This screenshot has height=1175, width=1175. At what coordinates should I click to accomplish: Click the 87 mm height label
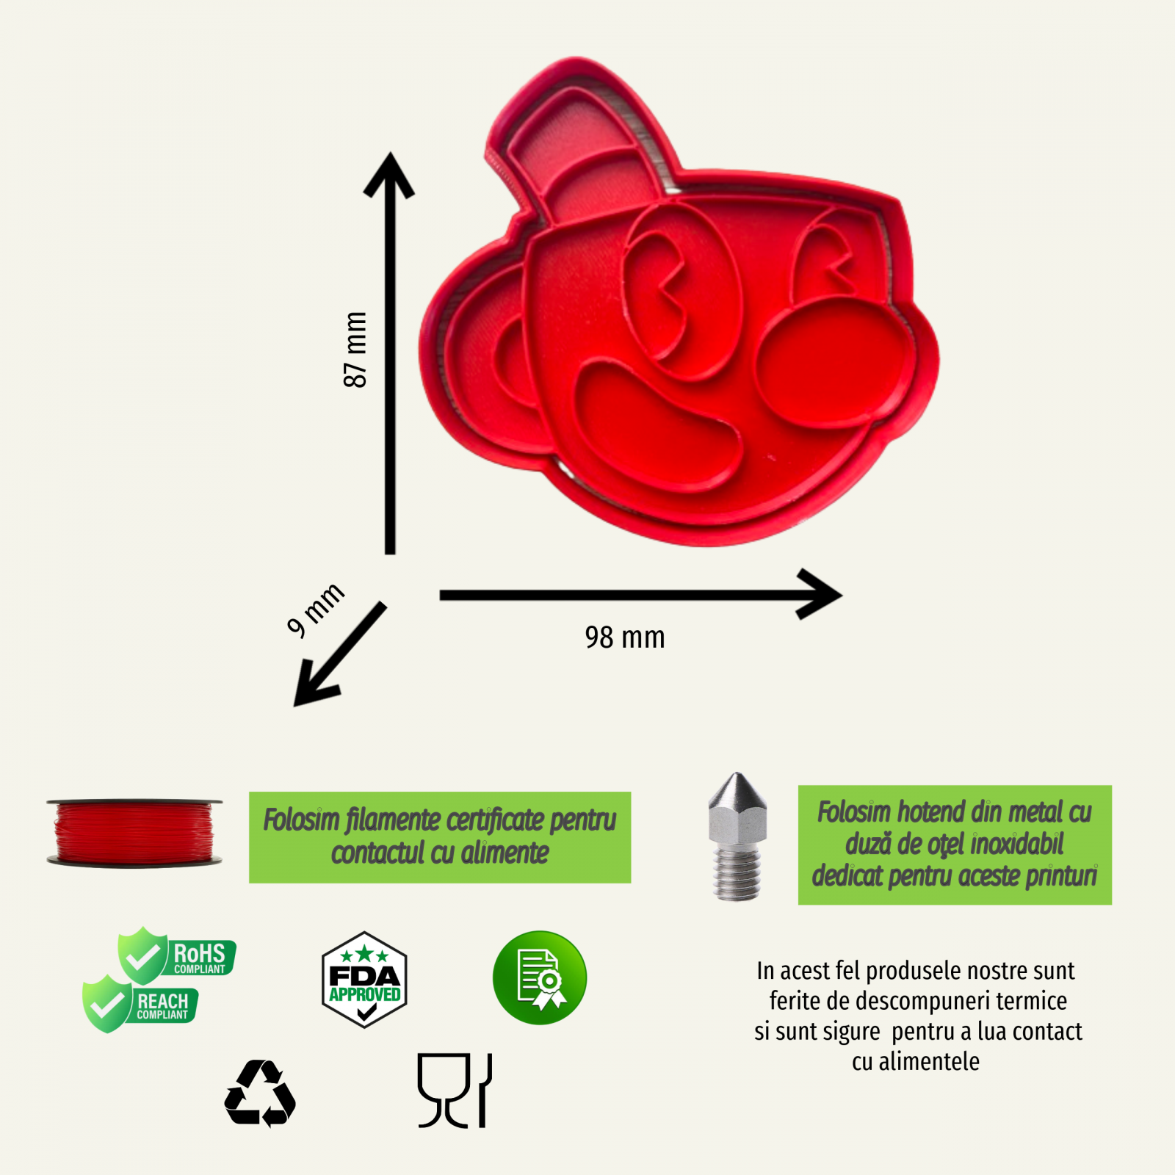point(355,350)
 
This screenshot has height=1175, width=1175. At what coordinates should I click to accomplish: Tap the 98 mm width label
point(625,637)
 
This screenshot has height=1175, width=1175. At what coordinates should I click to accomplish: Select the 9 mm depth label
point(315,609)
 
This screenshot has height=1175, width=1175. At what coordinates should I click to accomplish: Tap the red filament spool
point(134,833)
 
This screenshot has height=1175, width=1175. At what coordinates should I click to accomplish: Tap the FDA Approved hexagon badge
point(364,980)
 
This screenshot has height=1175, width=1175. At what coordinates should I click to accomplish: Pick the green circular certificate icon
point(540,978)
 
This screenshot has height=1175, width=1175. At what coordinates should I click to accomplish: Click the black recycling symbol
point(260,1093)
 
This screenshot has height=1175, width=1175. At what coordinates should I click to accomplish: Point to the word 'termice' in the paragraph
point(1032,1001)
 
